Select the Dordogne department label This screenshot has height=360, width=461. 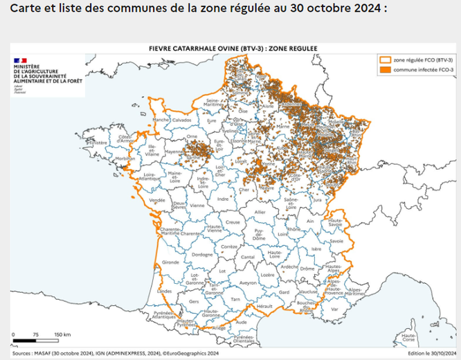[x=202, y=255]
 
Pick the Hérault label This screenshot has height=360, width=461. [x=264, y=305]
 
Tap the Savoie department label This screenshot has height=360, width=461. [x=336, y=241]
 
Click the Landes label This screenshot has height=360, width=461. [x=165, y=291]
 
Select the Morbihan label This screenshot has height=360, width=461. [x=126, y=159]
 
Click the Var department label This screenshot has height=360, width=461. [x=335, y=309]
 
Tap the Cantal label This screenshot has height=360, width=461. [x=246, y=258]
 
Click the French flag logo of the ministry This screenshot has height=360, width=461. [x=21, y=60]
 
